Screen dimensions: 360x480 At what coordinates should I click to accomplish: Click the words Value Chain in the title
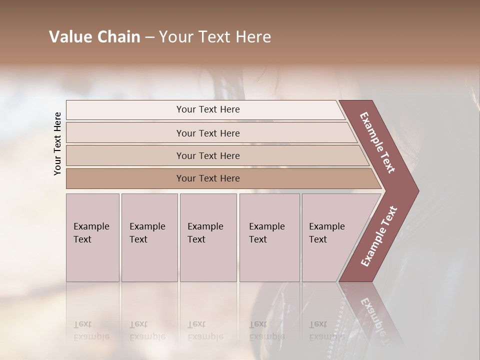94,37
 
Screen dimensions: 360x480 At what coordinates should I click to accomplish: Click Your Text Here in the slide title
215,37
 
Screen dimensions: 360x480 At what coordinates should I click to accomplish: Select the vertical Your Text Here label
57,143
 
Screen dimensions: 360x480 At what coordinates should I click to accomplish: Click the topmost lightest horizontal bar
207,109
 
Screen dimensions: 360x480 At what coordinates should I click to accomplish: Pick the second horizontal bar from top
207,133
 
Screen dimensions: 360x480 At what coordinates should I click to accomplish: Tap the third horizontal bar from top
207,155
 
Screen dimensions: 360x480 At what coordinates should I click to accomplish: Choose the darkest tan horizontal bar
207,178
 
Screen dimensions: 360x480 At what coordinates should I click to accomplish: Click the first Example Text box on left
92,237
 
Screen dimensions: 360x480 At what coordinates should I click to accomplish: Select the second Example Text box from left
149,237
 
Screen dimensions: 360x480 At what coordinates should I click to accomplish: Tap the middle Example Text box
208,237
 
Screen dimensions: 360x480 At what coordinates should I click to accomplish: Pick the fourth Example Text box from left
269,237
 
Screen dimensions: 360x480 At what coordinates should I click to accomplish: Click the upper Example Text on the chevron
377,143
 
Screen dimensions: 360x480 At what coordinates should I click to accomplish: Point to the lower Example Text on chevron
379,236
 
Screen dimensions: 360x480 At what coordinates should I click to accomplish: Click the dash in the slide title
149,37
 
